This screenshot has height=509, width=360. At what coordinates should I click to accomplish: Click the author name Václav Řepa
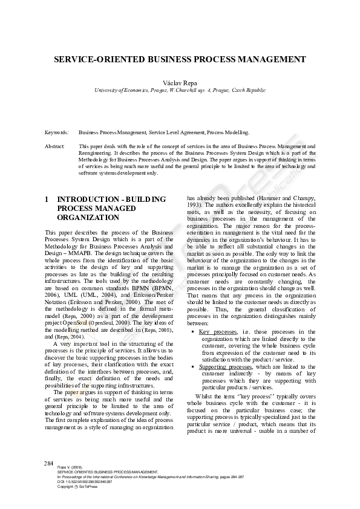point(180,81)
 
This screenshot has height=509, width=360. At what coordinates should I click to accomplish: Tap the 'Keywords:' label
point(56,132)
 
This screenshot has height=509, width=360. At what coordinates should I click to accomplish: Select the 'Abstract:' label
point(55,146)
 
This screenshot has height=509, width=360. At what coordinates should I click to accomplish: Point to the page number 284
point(49,463)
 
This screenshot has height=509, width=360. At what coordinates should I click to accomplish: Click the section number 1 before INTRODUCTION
point(47,199)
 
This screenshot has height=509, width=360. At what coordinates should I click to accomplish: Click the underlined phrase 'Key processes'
point(218,332)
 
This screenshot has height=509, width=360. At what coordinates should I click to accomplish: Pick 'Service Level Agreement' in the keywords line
point(176,132)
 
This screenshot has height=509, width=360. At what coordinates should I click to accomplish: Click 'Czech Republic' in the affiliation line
point(245,90)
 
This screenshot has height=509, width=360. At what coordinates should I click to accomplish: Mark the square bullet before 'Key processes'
point(193,332)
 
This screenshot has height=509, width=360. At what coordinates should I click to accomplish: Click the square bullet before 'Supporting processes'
point(193,367)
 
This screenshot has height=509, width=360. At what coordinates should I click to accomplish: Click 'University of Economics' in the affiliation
point(124,90)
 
